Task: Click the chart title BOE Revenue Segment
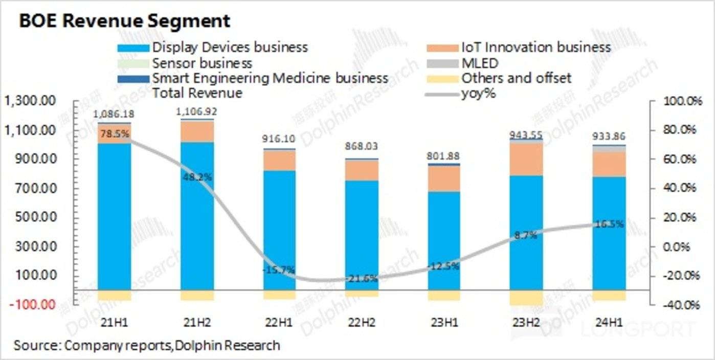click(x=124, y=21)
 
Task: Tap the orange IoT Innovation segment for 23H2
click(x=526, y=159)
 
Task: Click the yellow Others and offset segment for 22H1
click(x=279, y=295)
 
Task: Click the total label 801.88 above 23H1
click(x=443, y=155)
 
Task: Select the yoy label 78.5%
click(x=114, y=134)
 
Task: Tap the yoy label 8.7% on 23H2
click(x=526, y=236)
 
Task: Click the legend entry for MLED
click(x=479, y=63)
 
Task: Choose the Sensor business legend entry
click(x=202, y=63)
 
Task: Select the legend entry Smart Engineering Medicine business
click(x=270, y=79)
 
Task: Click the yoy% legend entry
click(x=478, y=94)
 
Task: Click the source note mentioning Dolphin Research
click(x=147, y=345)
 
